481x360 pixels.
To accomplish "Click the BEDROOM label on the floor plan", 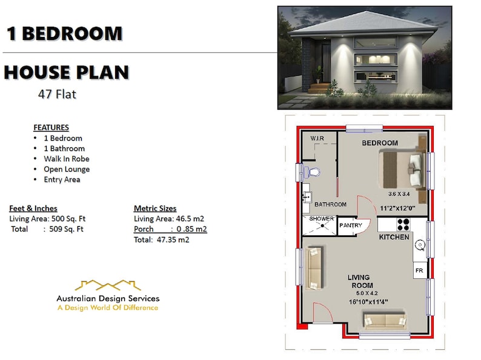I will (x=380, y=143).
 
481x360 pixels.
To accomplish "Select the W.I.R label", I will (x=317, y=138).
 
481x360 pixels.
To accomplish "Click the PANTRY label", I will (x=350, y=225).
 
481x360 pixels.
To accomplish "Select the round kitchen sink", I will (x=418, y=245).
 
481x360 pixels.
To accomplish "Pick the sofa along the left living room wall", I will (x=313, y=267).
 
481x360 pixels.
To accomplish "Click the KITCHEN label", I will (x=394, y=237).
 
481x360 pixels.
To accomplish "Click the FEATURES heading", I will (x=51, y=128).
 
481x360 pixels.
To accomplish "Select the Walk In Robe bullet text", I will (x=66, y=159).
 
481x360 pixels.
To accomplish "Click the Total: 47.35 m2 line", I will (x=161, y=240).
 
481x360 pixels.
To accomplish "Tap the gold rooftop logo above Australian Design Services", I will (x=108, y=285).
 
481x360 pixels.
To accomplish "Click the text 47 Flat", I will (x=57, y=95).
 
